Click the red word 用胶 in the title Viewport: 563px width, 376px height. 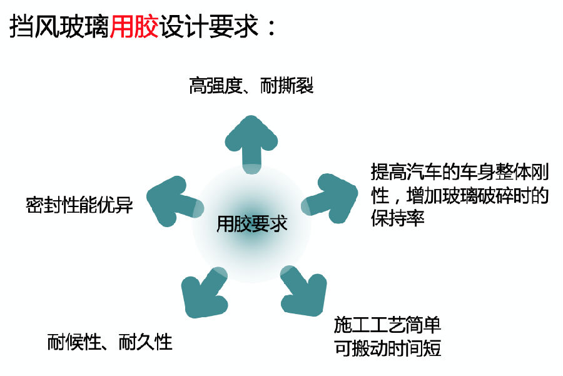pyautogui.click(x=134, y=26)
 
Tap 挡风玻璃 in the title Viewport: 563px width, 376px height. pyautogui.click(x=59, y=26)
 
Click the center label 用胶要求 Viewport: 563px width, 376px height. pyautogui.click(x=251, y=224)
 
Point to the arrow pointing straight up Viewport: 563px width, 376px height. pyautogui.click(x=251, y=145)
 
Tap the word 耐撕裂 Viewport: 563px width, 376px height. pyautogui.click(x=287, y=86)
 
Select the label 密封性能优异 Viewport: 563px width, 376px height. pyautogui.click(x=79, y=205)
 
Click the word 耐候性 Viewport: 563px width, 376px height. pyautogui.click(x=74, y=342)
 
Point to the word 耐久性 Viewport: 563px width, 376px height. pyautogui.click(x=145, y=342)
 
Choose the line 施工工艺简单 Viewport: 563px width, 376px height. pyautogui.click(x=387, y=325)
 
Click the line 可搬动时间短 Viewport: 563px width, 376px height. pyautogui.click(x=387, y=348)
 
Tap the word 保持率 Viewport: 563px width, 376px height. pyautogui.click(x=397, y=218)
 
